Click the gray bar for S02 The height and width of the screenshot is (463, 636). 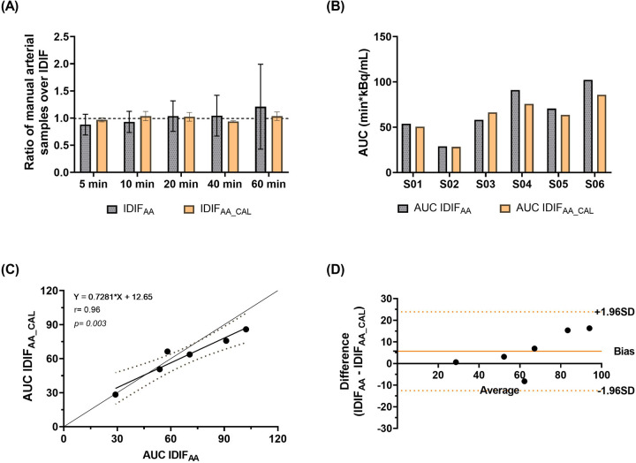pyautogui.click(x=443, y=159)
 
